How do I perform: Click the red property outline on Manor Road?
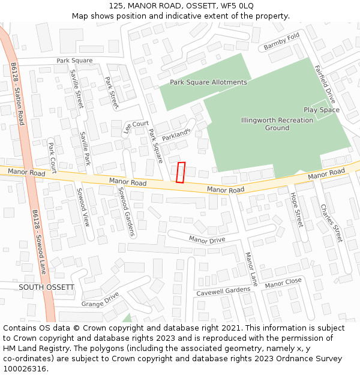pos(181,172)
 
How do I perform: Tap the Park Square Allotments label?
pos(208,82)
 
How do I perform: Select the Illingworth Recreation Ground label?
pos(277,124)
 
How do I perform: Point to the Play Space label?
pos(322,110)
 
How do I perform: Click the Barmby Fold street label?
pos(281,42)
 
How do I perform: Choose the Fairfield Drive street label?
pos(326,85)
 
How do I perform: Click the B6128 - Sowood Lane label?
pos(39,241)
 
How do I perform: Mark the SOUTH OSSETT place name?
pos(47,287)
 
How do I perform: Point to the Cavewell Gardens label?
pos(223,291)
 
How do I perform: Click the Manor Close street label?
pos(283,283)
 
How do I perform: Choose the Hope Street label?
pos(297,209)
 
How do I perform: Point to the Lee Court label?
pos(136,127)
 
